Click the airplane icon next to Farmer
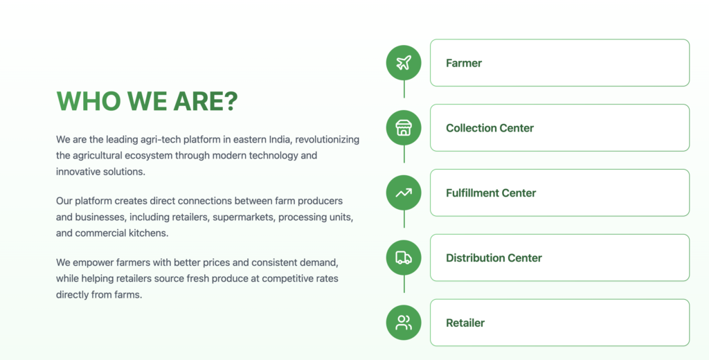point(404,63)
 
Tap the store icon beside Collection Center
point(404,128)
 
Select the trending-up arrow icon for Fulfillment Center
point(404,193)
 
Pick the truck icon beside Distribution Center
point(404,258)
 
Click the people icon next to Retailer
point(404,323)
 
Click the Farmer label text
point(464,63)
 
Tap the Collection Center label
point(490,128)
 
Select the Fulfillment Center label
point(491,193)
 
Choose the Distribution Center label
point(494,258)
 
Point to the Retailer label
point(465,323)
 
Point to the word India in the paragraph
point(280,139)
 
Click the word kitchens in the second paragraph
point(151,233)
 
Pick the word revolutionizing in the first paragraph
point(327,140)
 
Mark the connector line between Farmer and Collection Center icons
point(404,89)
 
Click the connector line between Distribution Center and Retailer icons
point(404,284)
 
